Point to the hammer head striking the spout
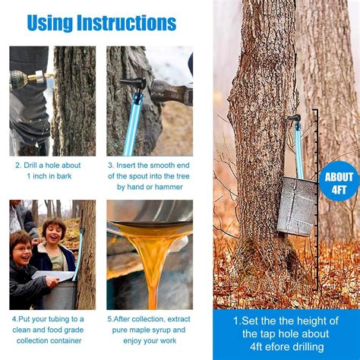(x=169, y=93)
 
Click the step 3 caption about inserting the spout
(x=150, y=175)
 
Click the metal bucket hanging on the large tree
(x=297, y=206)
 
